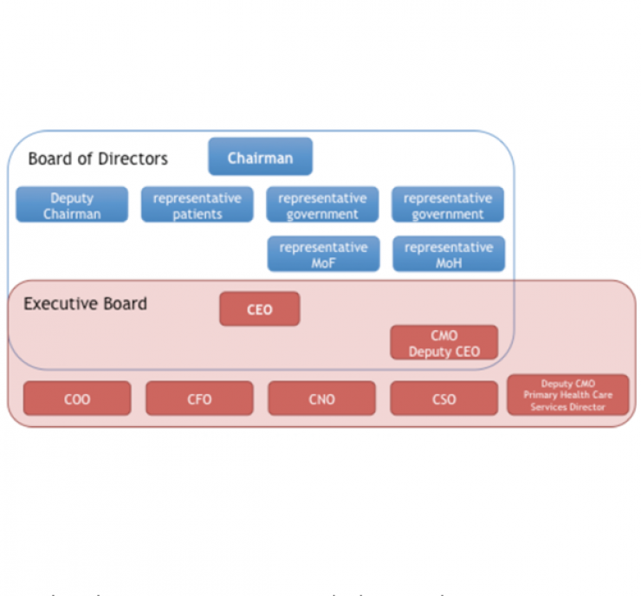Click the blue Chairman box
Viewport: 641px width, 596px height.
(x=260, y=158)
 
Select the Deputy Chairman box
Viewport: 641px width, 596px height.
(x=72, y=205)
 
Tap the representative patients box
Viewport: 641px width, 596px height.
(x=197, y=205)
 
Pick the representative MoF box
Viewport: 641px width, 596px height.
(x=323, y=254)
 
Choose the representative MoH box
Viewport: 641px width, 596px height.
(x=449, y=254)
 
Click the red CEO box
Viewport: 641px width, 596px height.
(x=260, y=309)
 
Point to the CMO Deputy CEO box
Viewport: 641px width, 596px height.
(x=444, y=343)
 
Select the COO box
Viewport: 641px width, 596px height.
(x=77, y=399)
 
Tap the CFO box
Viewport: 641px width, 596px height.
(x=199, y=399)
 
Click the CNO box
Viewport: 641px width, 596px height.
(x=321, y=399)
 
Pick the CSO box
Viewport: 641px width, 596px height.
(x=444, y=399)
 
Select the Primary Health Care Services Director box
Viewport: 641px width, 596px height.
(x=568, y=395)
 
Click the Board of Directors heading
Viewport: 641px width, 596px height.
(x=98, y=159)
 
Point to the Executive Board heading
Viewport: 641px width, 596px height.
(x=85, y=303)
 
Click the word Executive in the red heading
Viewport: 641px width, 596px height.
(x=58, y=303)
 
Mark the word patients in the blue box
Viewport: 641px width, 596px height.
(x=197, y=214)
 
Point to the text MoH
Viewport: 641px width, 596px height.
(x=449, y=262)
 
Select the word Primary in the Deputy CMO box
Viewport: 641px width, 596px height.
(x=541, y=395)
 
